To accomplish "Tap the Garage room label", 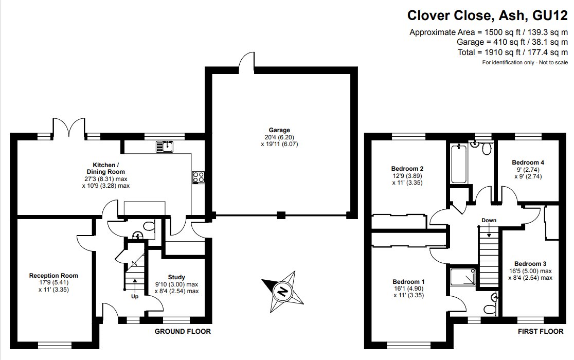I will point(279,130).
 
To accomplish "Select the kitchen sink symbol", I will point(166,147).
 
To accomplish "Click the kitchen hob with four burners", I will point(199,177).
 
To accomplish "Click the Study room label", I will point(176,277).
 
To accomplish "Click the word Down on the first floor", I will point(489,221).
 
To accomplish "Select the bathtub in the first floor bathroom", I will point(458,164).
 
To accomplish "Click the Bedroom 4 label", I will point(528,163).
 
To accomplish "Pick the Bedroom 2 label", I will point(407,169).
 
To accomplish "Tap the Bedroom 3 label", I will point(527,264).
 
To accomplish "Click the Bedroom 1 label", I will point(408,281).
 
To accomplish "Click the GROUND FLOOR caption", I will point(183,332).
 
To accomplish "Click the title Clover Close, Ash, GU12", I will point(488,15).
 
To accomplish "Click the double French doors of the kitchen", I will point(68,127).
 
